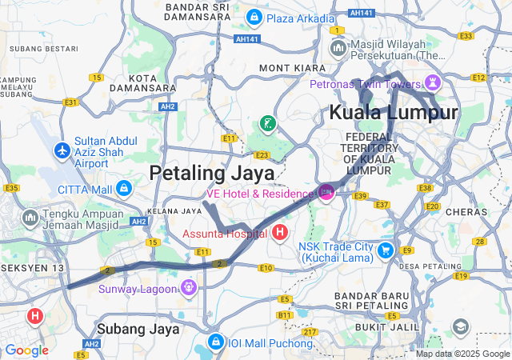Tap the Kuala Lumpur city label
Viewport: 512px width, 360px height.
pos(394,112)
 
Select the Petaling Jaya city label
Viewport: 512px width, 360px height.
pos(212,172)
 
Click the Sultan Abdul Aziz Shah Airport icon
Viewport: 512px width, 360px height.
pos(62,150)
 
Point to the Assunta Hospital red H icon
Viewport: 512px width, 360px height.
pos(280,234)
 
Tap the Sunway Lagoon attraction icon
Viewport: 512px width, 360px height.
pos(189,286)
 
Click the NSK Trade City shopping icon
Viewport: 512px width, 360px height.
pos(385,250)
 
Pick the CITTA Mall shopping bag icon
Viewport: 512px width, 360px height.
pos(123,189)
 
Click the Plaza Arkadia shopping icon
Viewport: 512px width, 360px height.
pos(254,16)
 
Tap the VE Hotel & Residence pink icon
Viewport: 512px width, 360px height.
pos(326,192)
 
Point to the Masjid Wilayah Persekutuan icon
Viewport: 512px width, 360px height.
pos(338,50)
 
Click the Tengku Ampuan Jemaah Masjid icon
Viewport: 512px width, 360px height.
pos(30,218)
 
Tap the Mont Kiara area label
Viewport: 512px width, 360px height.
pos(292,68)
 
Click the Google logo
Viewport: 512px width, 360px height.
pos(26,350)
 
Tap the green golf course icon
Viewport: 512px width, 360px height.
pos(267,123)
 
